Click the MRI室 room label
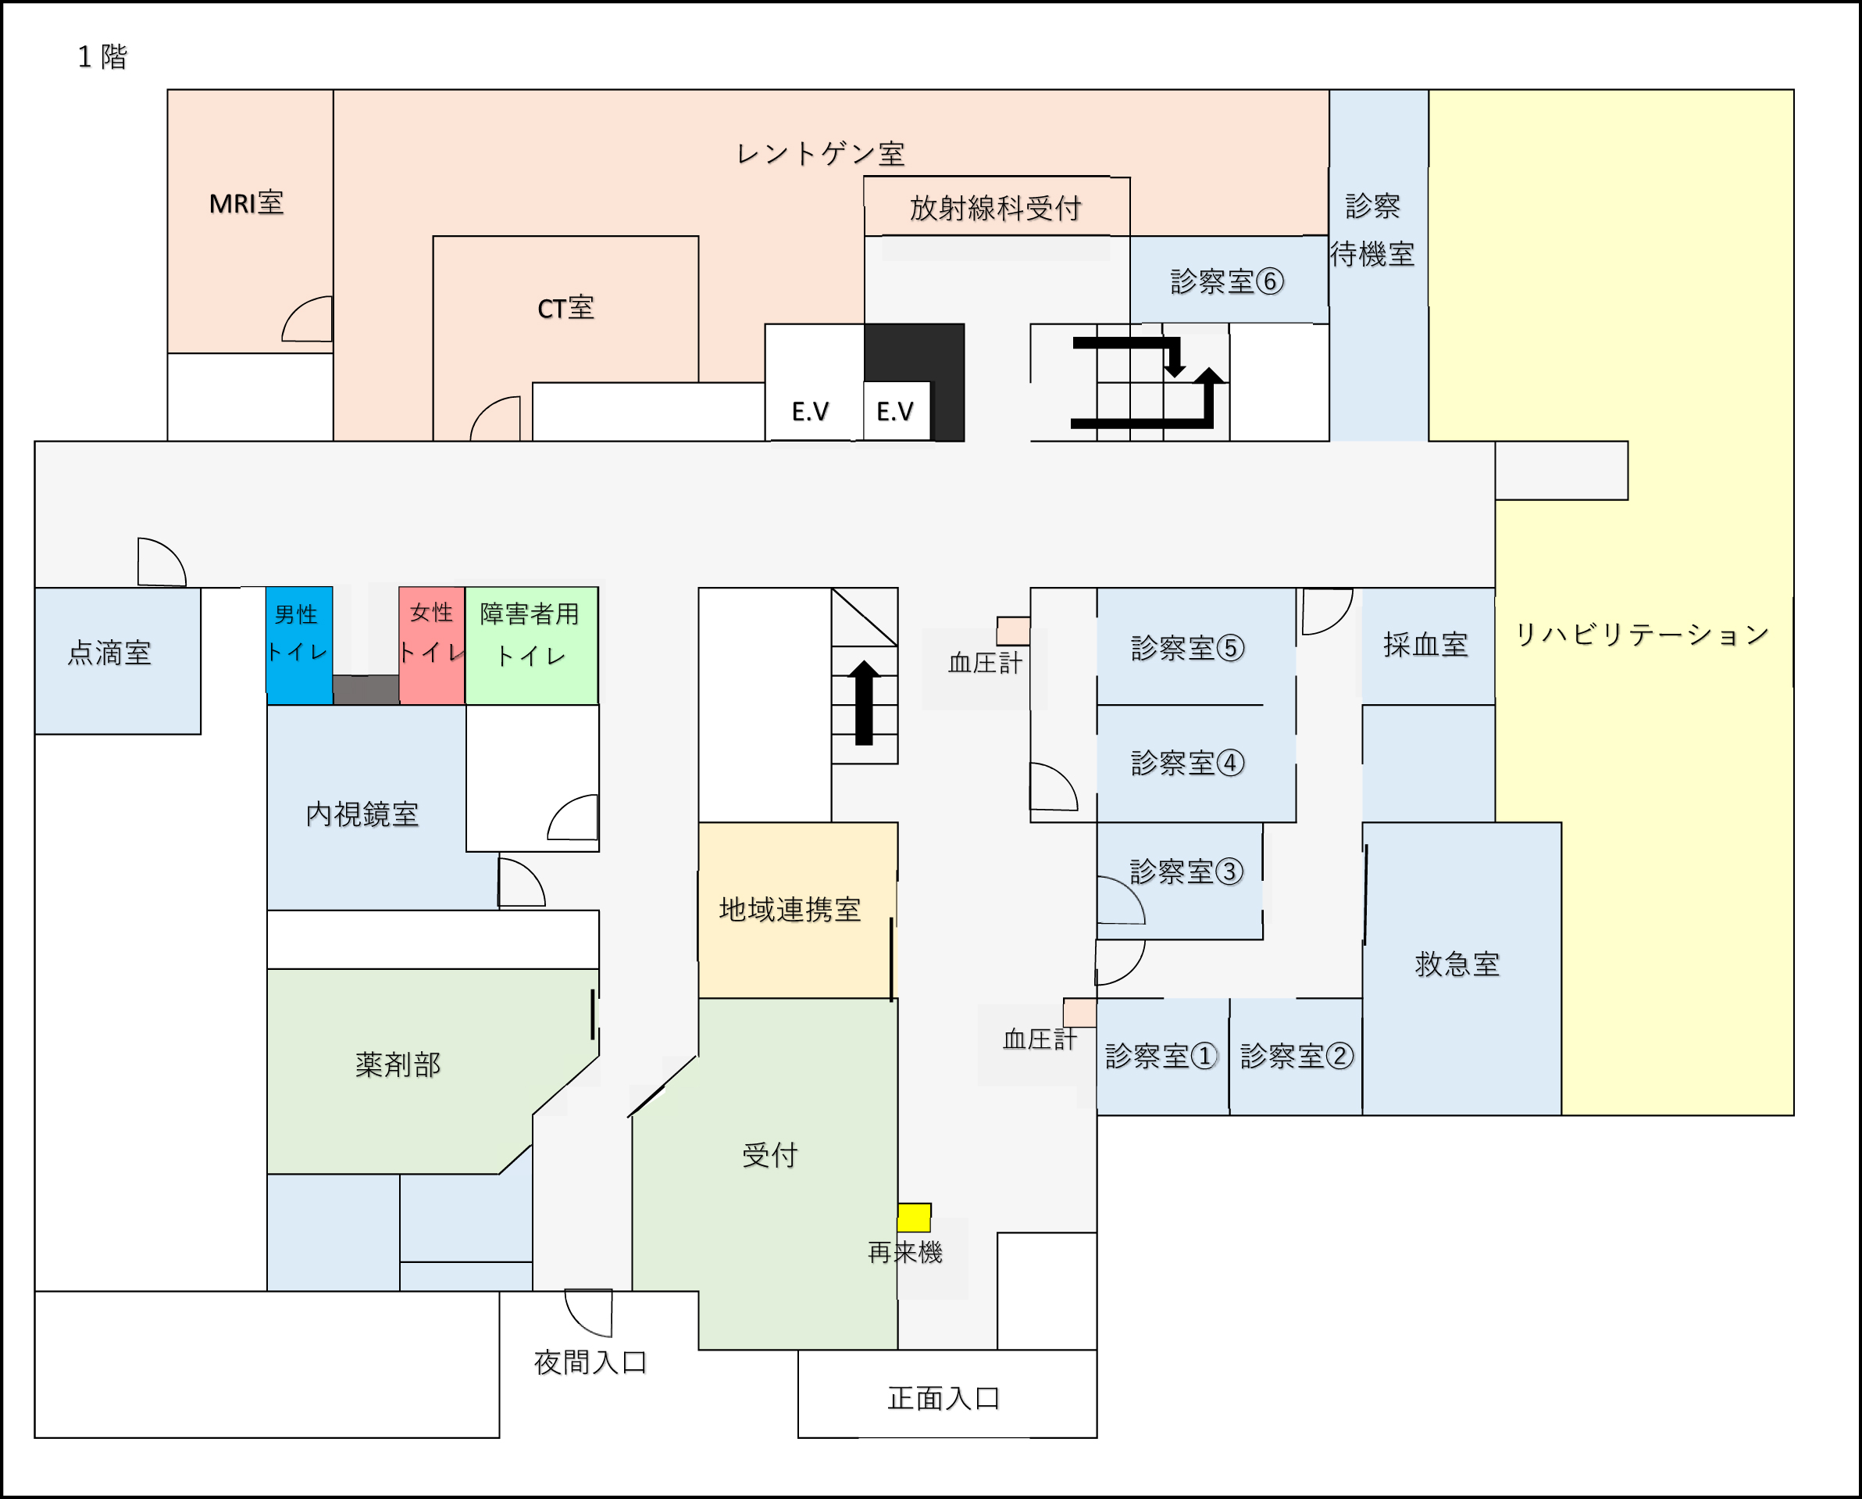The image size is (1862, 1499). pos(246,203)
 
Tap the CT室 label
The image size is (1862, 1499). pos(565,309)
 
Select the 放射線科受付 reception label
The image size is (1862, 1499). pos(996,208)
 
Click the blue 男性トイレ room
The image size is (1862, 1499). pos(299,646)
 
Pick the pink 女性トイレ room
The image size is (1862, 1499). pos(432,646)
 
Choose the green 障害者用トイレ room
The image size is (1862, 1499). pos(531,646)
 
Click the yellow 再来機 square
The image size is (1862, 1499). pos(914,1218)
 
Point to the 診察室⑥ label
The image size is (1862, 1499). pos(1227,281)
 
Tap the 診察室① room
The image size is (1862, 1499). pos(1162,1057)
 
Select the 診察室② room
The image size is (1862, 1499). pos(1296,1057)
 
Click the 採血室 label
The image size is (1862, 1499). pos(1426,645)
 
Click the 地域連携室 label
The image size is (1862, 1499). pos(790,910)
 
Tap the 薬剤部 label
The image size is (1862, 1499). pos(398,1064)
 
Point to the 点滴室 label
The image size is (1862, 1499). pos(109,653)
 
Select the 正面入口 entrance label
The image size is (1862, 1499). pos(944,1398)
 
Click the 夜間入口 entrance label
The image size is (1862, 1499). pos(590,1362)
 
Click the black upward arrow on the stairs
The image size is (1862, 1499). pos(865,703)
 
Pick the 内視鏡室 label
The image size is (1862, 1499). pos(362,814)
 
